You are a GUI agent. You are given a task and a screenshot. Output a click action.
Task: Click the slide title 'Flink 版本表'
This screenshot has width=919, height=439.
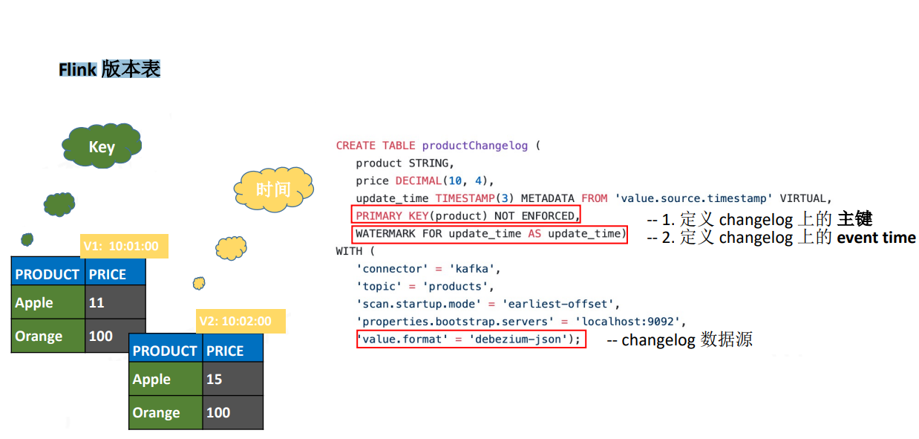[110, 70]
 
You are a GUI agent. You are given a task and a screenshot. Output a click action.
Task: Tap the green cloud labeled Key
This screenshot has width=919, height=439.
[102, 146]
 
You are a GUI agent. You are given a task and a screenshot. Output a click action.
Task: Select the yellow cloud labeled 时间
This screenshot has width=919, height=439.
[273, 189]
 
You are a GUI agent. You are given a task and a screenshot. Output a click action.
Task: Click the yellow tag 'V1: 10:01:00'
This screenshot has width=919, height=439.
[124, 246]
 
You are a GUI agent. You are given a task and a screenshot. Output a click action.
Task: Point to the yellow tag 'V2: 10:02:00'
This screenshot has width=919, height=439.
[240, 322]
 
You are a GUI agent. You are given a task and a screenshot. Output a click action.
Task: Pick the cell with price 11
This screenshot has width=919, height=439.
[114, 303]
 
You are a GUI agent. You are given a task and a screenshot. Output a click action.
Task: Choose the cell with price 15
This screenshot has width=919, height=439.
[232, 380]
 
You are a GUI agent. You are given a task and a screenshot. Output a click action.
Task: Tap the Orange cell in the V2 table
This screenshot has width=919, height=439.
[166, 413]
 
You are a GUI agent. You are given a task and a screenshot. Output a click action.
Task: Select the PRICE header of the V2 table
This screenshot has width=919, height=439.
[232, 351]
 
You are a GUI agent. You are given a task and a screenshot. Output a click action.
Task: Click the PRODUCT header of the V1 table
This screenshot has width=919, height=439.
[48, 274]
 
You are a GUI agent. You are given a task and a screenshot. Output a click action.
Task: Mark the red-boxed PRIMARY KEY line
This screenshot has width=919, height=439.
[465, 216]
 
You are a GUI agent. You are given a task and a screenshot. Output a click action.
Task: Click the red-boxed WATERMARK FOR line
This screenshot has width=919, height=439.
[490, 234]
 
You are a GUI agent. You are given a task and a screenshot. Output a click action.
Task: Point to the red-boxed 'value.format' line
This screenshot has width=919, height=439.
[471, 339]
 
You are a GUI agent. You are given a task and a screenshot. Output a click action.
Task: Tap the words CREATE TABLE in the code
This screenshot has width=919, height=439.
[376, 146]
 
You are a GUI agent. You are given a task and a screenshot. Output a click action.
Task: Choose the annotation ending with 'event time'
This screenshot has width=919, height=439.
[782, 238]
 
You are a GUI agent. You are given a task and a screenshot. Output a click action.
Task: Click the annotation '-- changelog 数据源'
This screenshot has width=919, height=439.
[680, 340]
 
